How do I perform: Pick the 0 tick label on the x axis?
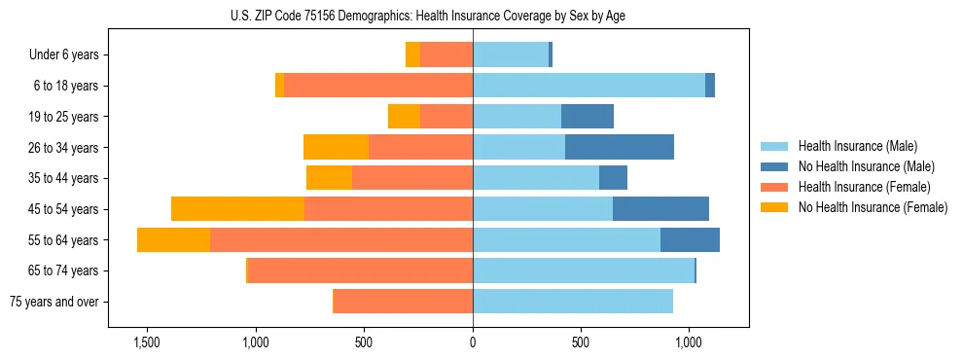coord(473,342)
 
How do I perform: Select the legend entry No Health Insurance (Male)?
coord(858,166)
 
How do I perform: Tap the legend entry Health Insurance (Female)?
coord(856,187)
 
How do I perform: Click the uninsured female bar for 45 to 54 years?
coord(237,209)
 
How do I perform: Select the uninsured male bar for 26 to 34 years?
coord(620,147)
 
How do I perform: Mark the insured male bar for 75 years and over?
coord(573,302)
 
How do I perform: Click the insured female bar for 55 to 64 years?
coord(341,239)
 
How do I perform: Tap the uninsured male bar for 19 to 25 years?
coord(588,117)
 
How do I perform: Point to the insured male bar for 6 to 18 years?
coord(588,86)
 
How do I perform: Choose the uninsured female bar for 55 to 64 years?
coord(173,239)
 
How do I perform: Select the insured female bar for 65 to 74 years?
coord(360,270)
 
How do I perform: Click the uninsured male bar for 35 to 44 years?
coord(613,178)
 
